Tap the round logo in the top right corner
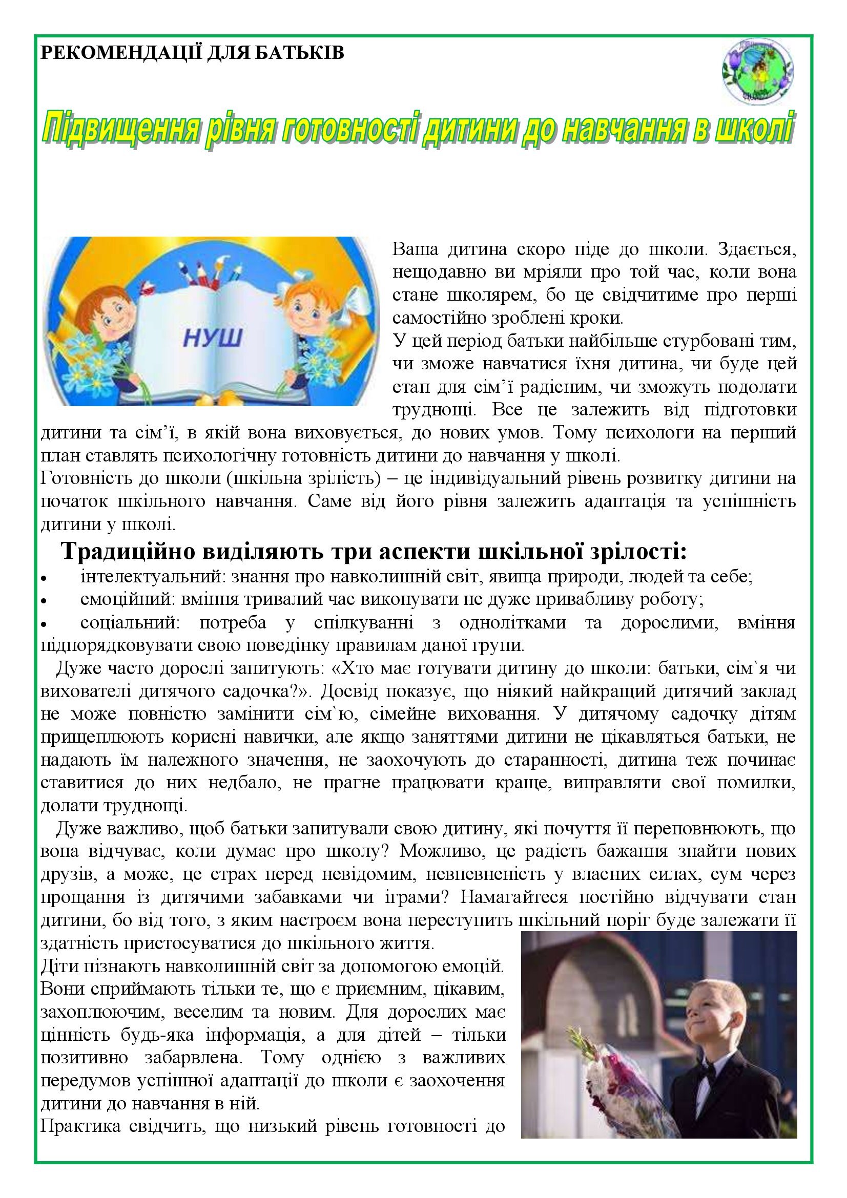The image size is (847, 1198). tap(758, 72)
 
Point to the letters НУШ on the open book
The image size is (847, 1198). tap(213, 338)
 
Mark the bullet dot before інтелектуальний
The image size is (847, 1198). tap(45, 579)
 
